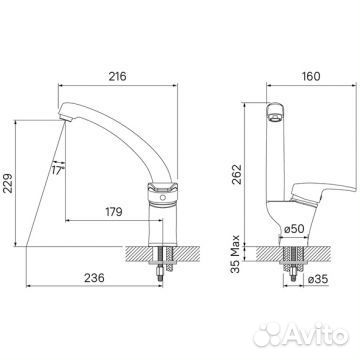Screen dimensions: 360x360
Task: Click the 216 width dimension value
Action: click(117, 76)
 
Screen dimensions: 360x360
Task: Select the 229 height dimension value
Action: click(8, 183)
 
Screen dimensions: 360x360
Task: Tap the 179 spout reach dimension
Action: click(114, 212)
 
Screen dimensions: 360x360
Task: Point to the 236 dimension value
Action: click(94, 278)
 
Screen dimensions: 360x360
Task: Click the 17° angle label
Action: click(57, 171)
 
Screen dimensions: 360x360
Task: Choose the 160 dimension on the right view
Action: click(311, 76)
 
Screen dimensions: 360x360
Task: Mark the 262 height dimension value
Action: click(237, 173)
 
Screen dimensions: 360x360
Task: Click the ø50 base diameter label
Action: click(294, 229)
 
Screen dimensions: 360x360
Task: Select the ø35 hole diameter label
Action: click(318, 280)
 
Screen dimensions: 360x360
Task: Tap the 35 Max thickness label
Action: click(236, 254)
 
